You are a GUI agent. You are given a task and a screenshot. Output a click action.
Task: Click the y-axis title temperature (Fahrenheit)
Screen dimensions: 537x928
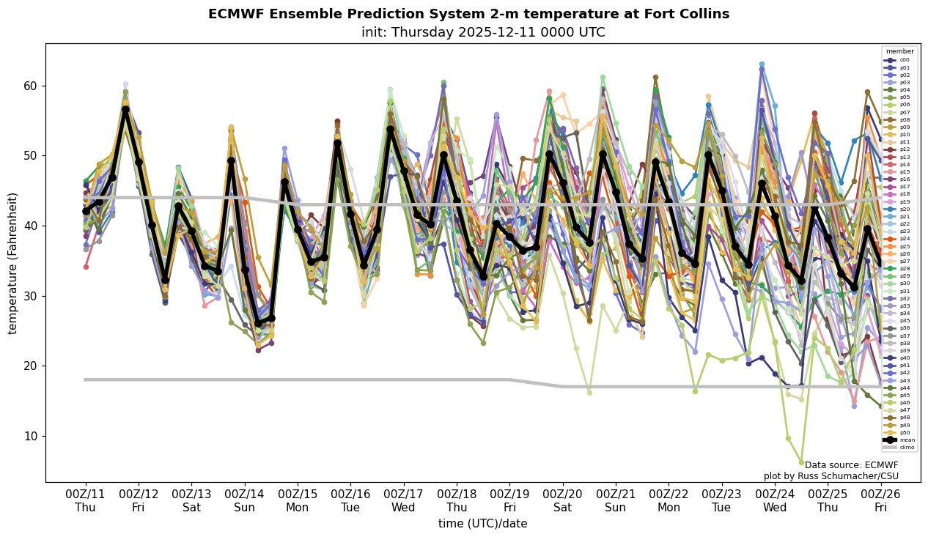[13, 263]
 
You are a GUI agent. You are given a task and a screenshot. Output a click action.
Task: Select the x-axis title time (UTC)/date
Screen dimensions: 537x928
[482, 524]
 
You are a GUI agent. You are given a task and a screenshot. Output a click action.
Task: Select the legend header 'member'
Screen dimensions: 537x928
[899, 51]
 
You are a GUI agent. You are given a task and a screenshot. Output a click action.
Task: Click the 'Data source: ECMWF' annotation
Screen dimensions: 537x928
[851, 465]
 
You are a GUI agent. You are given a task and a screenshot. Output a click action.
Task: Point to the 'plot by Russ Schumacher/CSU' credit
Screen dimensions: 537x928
[831, 476]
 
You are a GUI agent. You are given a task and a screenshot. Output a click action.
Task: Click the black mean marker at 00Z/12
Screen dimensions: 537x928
[139, 162]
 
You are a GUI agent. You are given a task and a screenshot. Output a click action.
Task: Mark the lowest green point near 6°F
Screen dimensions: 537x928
[801, 462]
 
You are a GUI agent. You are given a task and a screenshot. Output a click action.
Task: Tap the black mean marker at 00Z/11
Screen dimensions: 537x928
[86, 211]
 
